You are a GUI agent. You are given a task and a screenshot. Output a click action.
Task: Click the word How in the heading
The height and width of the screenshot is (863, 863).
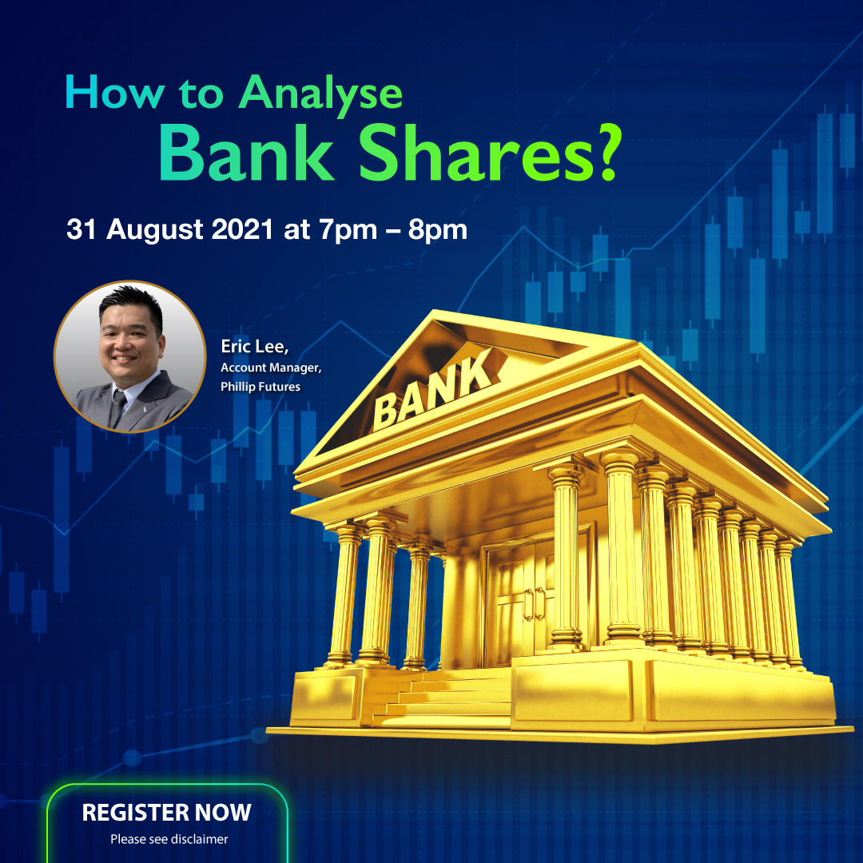pyautogui.click(x=112, y=93)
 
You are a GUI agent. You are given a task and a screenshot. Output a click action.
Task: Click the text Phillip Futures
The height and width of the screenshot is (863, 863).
pyautogui.click(x=260, y=386)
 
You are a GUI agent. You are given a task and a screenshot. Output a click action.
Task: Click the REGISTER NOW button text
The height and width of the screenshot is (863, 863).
pyautogui.click(x=167, y=813)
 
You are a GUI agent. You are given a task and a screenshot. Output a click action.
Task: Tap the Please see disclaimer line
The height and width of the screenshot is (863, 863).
pyautogui.click(x=169, y=839)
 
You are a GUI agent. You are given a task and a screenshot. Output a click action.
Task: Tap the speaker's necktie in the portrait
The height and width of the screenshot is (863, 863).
pyautogui.click(x=118, y=407)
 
